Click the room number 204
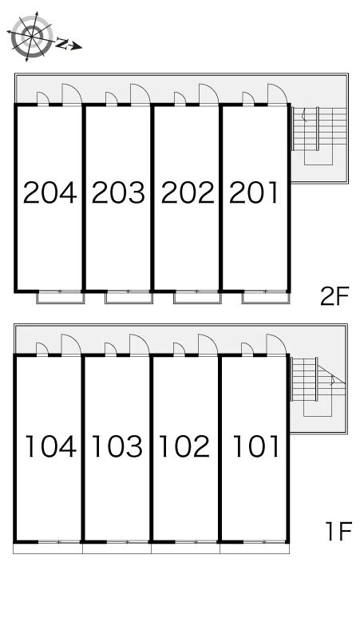(x=49, y=192)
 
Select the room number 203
(x=118, y=192)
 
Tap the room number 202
(x=188, y=192)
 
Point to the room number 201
(x=254, y=192)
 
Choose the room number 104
(x=50, y=446)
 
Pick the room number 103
(x=117, y=446)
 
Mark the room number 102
(x=184, y=446)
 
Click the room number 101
(x=256, y=446)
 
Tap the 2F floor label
(x=334, y=296)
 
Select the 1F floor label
(x=338, y=531)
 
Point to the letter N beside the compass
(x=61, y=43)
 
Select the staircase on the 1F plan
(x=318, y=387)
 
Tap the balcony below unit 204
(x=61, y=297)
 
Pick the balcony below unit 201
(x=267, y=297)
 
